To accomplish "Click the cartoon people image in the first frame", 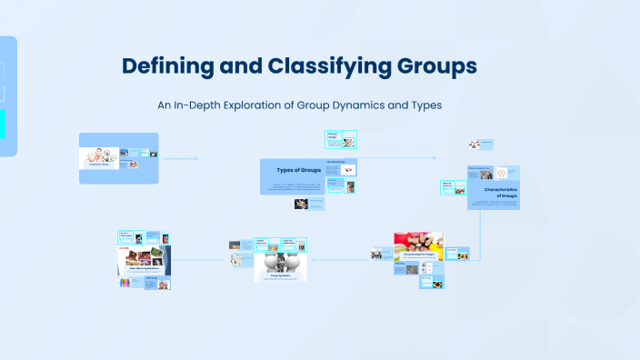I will (x=99, y=155).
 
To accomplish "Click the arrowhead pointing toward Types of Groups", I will (x=195, y=159).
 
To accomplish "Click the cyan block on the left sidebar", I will (x=3, y=124).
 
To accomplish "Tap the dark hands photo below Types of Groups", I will (x=303, y=205).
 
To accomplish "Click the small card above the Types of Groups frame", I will (x=341, y=139).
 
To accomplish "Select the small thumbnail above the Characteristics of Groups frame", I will (x=474, y=144).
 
